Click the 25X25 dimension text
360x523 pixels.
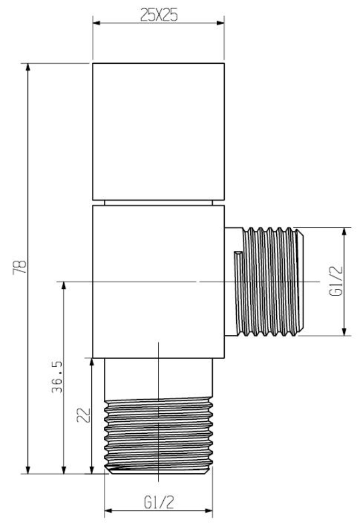159,15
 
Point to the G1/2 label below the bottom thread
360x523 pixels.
158,503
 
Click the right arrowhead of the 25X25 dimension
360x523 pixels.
221,23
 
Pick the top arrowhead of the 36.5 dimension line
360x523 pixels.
64,285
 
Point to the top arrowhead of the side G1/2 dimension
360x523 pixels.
343,231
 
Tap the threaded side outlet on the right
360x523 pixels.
273,281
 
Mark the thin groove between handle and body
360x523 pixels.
158,202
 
